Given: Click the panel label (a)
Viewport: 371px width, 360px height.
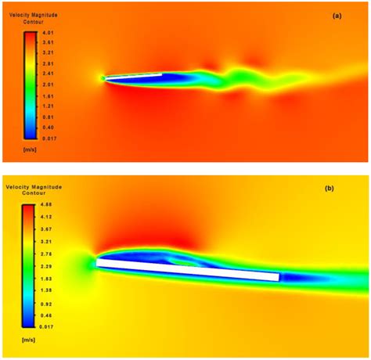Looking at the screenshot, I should tap(337, 16).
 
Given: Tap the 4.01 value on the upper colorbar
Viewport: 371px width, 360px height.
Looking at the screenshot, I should tap(48, 32).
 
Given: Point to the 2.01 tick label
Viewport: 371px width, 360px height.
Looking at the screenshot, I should tap(48, 84).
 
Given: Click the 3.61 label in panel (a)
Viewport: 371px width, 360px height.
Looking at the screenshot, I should tap(48, 42).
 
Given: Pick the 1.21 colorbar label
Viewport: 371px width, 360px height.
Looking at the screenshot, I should tap(48, 105).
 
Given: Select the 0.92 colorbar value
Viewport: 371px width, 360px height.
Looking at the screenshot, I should tap(48, 303).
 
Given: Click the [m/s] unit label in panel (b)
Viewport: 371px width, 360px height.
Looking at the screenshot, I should tap(34, 339).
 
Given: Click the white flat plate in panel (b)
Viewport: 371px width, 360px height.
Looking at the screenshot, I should tap(188, 270).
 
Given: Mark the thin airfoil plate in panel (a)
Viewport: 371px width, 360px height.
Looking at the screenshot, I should tap(133, 76).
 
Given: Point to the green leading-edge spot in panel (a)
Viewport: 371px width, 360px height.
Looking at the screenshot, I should tap(103, 77).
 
